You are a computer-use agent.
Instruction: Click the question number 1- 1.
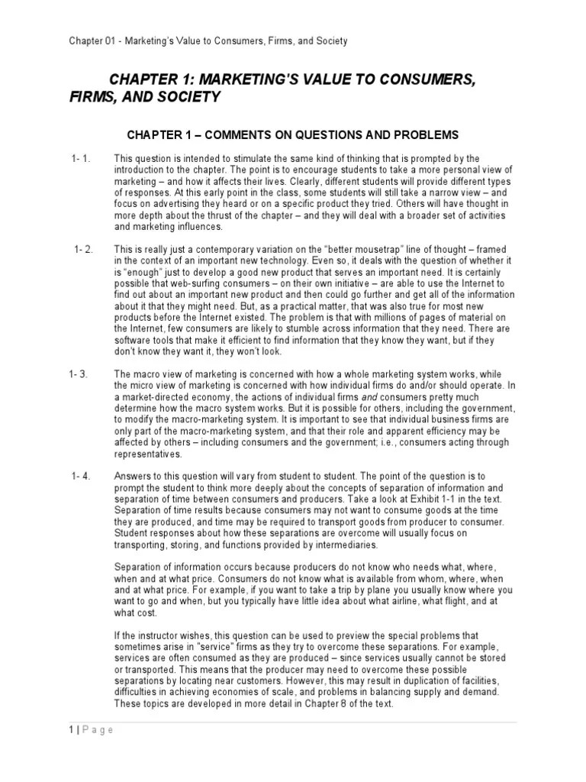[x=81, y=158]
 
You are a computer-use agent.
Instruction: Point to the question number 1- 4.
[x=81, y=477]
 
